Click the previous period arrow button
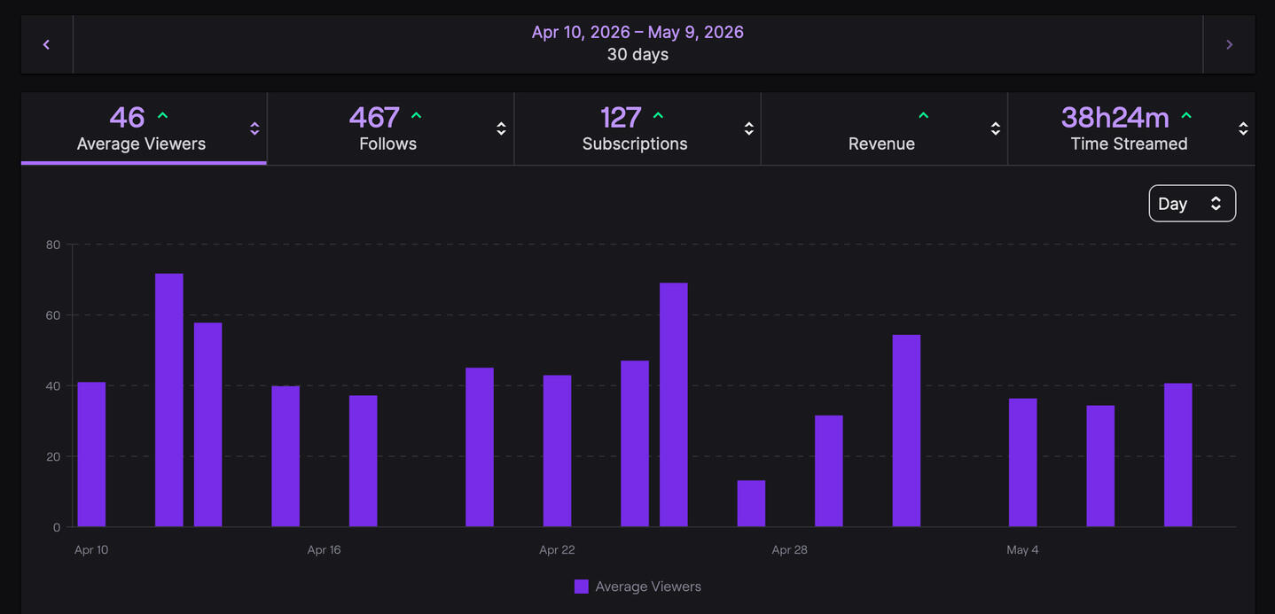pyautogui.click(x=47, y=44)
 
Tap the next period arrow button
pyautogui.click(x=1230, y=44)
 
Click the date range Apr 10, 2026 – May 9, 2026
pyautogui.click(x=637, y=32)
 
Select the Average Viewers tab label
pyautogui.click(x=141, y=144)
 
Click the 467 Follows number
pyautogui.click(x=374, y=118)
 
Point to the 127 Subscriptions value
pyautogui.click(x=621, y=118)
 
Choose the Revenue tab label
pyautogui.click(x=881, y=144)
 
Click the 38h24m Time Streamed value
pyautogui.click(x=1115, y=118)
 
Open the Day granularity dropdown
pyautogui.click(x=1192, y=203)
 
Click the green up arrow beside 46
pyautogui.click(x=163, y=115)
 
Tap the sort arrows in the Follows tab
pyautogui.click(x=501, y=128)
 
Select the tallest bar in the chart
pyautogui.click(x=169, y=400)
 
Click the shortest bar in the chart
pyautogui.click(x=751, y=503)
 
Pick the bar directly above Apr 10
pyautogui.click(x=91, y=455)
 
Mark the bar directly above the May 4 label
pyautogui.click(x=1023, y=462)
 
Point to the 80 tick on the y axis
pyautogui.click(x=53, y=245)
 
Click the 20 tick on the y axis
pyautogui.click(x=53, y=456)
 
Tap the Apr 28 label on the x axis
pyautogui.click(x=789, y=549)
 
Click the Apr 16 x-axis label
pyautogui.click(x=324, y=549)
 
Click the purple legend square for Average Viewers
pyautogui.click(x=581, y=587)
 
